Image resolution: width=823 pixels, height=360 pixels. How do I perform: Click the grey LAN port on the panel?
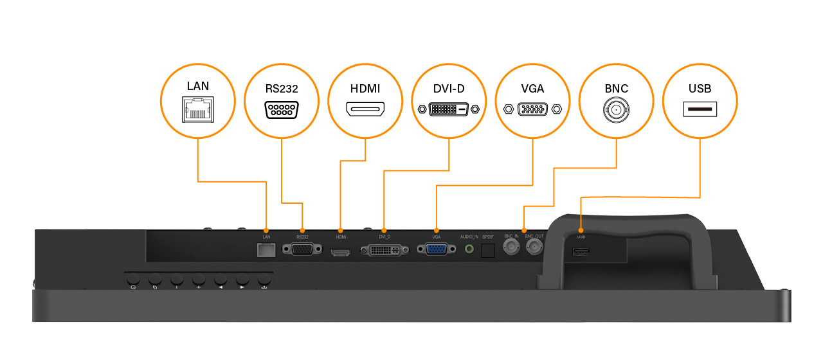[x=266, y=250]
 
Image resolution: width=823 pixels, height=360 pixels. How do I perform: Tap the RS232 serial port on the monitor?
[x=303, y=249]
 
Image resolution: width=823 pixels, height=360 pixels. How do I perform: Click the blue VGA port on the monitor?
[x=437, y=249]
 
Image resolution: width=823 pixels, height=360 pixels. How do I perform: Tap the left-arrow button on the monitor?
[x=221, y=280]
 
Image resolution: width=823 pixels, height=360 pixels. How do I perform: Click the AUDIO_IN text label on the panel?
[x=469, y=237]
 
